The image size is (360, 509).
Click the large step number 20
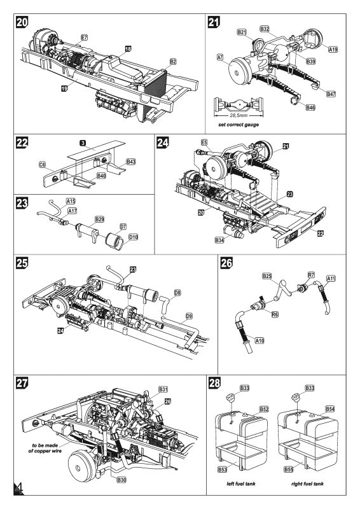(x=21, y=22)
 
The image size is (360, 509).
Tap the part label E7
(x=84, y=39)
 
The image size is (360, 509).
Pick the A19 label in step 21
(x=333, y=48)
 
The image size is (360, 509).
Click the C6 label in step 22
(x=42, y=164)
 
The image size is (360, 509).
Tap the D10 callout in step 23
(x=134, y=237)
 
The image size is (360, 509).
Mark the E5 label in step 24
(x=204, y=144)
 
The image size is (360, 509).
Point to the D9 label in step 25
(x=189, y=315)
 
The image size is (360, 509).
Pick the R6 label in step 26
(x=275, y=314)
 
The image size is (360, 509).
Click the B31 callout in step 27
(x=163, y=389)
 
